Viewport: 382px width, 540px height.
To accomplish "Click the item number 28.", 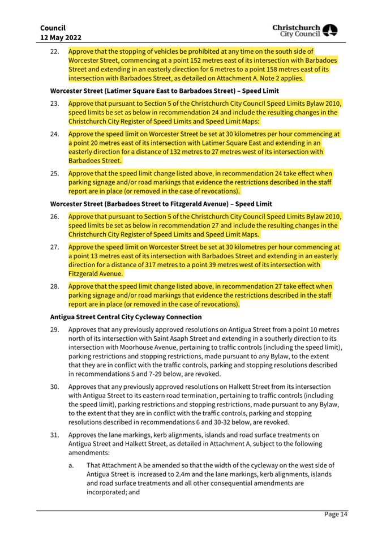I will coord(55,286).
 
